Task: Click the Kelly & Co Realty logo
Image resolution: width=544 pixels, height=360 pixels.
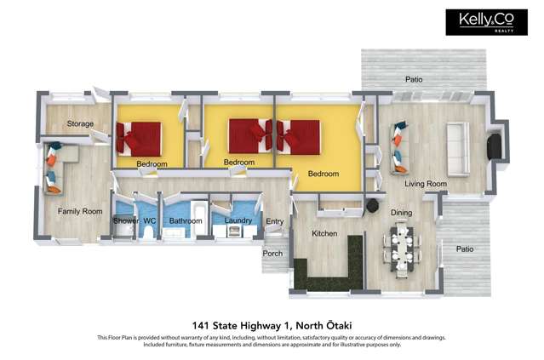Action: pyautogui.click(x=484, y=23)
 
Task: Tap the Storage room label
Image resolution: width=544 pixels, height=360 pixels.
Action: pyautogui.click(x=80, y=124)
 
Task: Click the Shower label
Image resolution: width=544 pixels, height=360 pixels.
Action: pyautogui.click(x=125, y=221)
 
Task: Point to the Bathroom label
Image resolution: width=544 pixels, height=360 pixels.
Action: pyautogui.click(x=185, y=221)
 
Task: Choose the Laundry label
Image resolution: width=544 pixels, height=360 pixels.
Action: pyautogui.click(x=238, y=221)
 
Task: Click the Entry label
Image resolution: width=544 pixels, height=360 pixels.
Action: pyautogui.click(x=274, y=222)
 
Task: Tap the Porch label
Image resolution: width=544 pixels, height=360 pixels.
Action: pyautogui.click(x=272, y=254)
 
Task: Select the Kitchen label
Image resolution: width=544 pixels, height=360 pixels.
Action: pyautogui.click(x=324, y=233)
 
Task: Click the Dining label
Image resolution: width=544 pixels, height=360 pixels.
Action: pyautogui.click(x=401, y=212)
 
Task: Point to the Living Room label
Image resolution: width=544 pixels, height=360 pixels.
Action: pyautogui.click(x=426, y=183)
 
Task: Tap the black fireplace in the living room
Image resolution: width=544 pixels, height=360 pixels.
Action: pyautogui.click(x=493, y=146)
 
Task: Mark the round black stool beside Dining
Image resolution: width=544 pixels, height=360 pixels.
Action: pyautogui.click(x=372, y=206)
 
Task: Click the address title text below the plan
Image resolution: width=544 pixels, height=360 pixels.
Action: pyautogui.click(x=272, y=324)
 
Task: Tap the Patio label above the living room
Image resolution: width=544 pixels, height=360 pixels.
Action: pyautogui.click(x=414, y=80)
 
